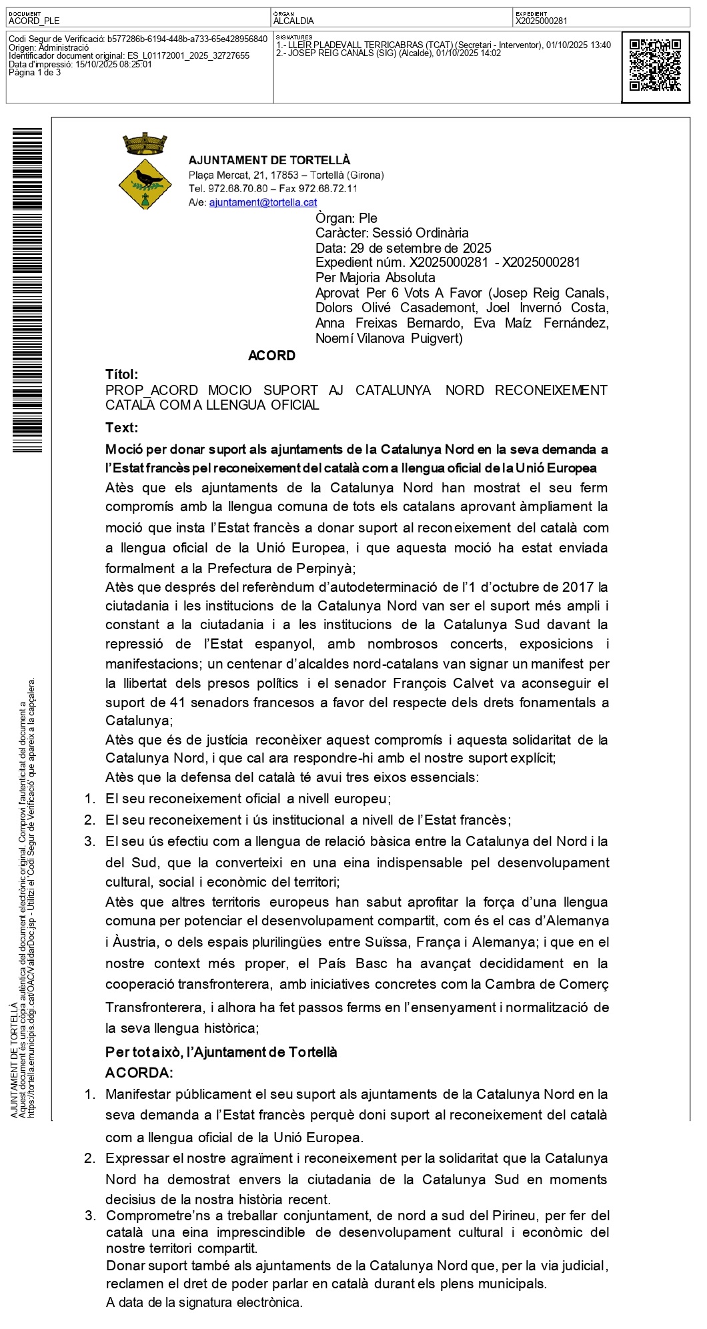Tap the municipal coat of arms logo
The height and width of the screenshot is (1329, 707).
(x=145, y=171)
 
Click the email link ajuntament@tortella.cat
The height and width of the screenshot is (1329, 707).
(x=263, y=202)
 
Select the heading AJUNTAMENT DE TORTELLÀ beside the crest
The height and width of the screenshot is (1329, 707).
(x=269, y=160)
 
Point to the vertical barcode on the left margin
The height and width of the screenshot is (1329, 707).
(x=27, y=290)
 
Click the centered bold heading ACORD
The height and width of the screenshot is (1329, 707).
(x=271, y=356)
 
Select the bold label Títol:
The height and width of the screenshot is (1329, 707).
(x=122, y=374)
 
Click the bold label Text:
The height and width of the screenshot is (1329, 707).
(x=122, y=428)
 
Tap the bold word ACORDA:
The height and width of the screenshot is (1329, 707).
(x=139, y=1073)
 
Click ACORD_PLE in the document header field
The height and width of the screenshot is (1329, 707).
(x=34, y=21)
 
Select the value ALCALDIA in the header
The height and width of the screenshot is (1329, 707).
(x=293, y=21)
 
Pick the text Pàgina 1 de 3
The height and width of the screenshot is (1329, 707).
(x=35, y=73)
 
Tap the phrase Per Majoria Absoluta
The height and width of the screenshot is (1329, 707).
(x=376, y=278)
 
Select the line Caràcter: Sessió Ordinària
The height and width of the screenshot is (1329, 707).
(x=392, y=233)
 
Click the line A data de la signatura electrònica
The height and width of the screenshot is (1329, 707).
(x=204, y=1302)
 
